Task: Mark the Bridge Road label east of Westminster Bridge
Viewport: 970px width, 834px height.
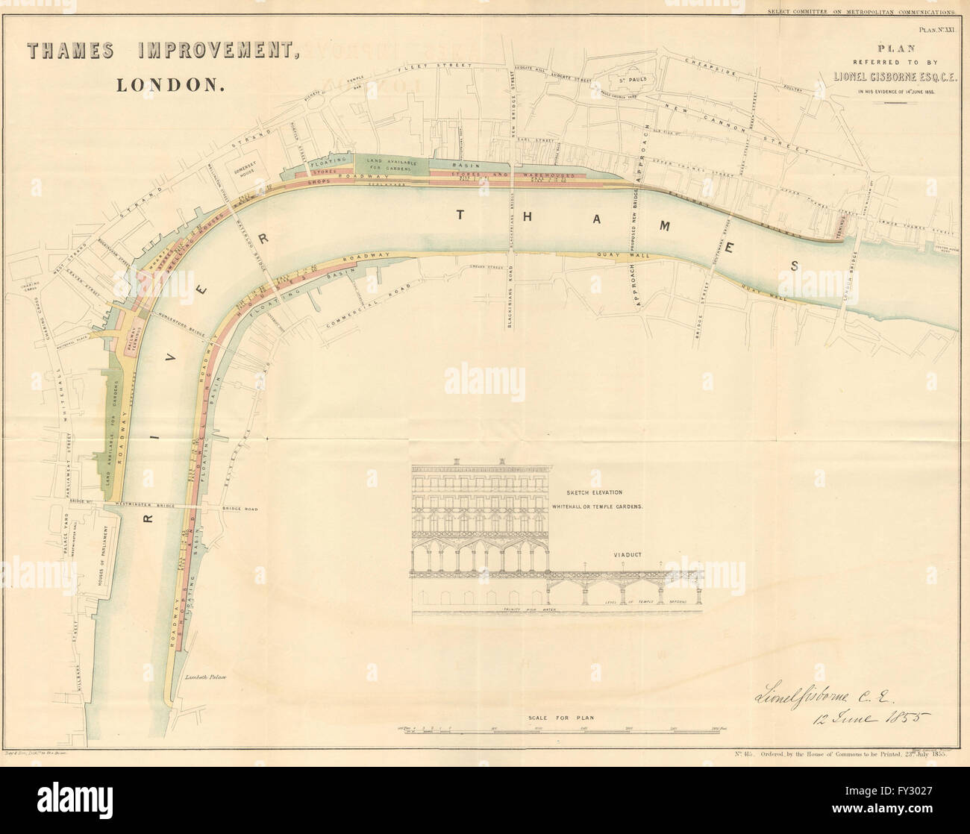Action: point(239,509)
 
